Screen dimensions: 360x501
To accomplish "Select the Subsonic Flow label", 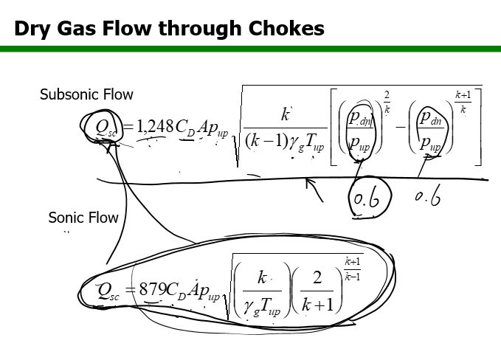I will (86, 94).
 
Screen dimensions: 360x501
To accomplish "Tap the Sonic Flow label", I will (83, 218).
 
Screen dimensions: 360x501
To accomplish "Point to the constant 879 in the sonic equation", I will (153, 288).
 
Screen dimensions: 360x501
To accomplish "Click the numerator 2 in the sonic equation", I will (317, 278).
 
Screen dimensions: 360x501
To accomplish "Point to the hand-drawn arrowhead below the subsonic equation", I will (311, 182).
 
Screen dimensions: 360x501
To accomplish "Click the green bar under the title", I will (250, 49).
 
